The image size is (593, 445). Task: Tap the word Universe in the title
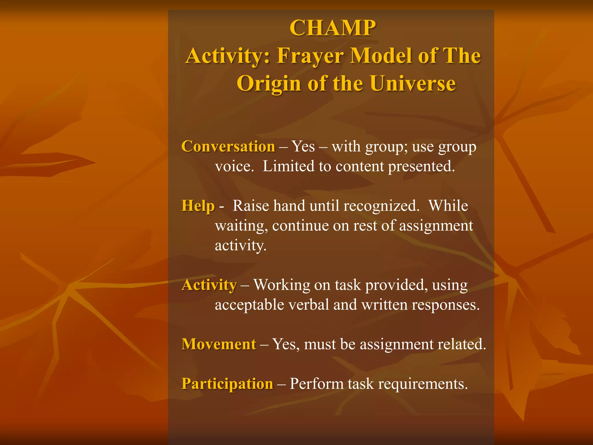pos(413,83)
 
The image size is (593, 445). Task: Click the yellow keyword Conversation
pos(228,146)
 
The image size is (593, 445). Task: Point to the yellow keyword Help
pos(198,206)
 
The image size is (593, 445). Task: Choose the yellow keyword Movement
pos(219,344)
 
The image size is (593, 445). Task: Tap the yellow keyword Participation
pos(227,384)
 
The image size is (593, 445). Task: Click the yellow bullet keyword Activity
pos(209,285)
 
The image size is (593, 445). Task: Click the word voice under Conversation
pos(234,167)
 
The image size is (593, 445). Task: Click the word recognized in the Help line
pos(381,206)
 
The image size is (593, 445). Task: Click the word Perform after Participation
pos(316,384)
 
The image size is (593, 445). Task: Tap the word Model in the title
pos(381,56)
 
